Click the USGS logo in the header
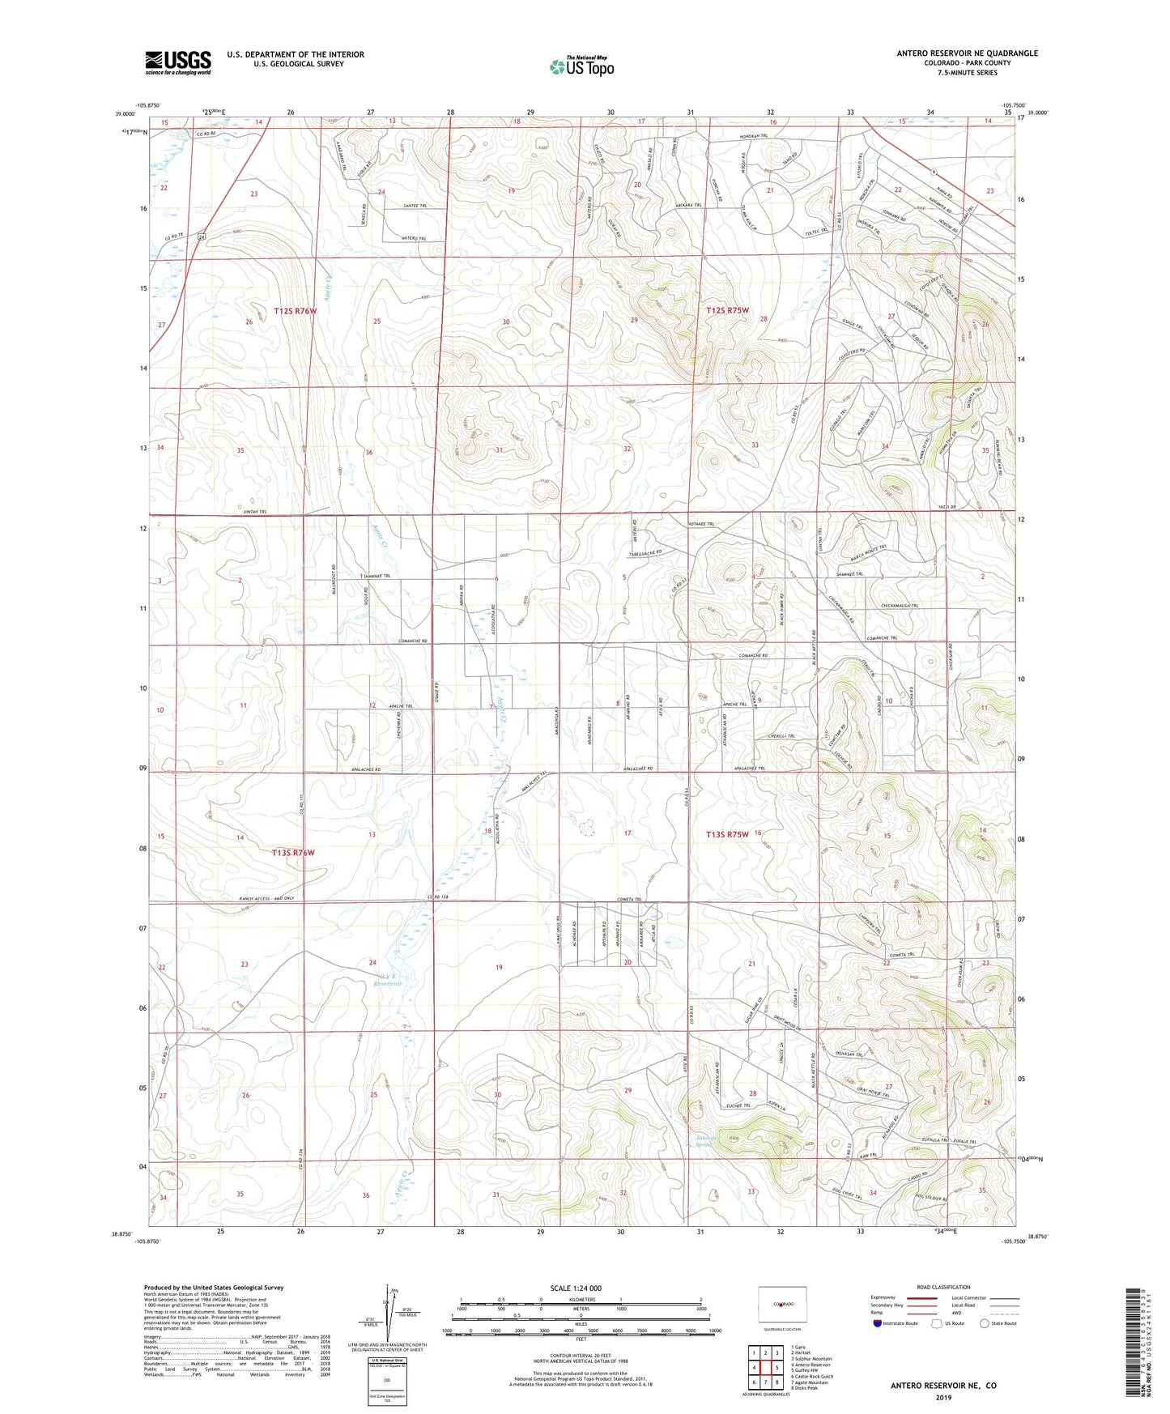pos(177,62)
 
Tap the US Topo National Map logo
pos(581,66)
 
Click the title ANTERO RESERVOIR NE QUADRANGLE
pos(967,53)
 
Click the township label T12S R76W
pos(295,311)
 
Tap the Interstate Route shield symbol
pos(877,1323)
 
